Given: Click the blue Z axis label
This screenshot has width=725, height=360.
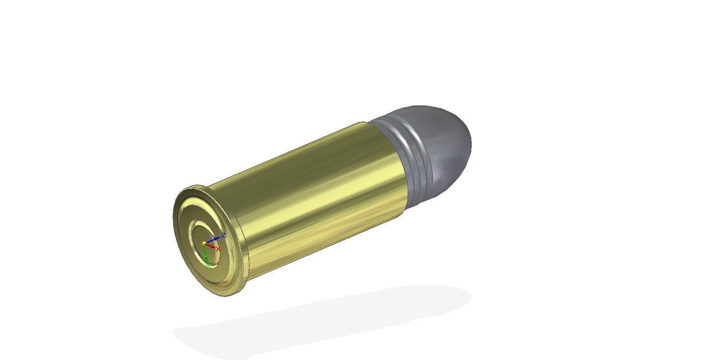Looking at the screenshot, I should tap(223, 235).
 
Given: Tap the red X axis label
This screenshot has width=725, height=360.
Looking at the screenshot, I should tap(218, 249).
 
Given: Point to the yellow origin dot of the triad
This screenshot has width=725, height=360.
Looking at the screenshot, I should tap(204, 243).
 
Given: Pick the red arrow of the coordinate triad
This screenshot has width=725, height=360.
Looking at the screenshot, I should tap(211, 246).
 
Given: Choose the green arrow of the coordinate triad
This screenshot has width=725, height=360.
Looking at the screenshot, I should tap(206, 256).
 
